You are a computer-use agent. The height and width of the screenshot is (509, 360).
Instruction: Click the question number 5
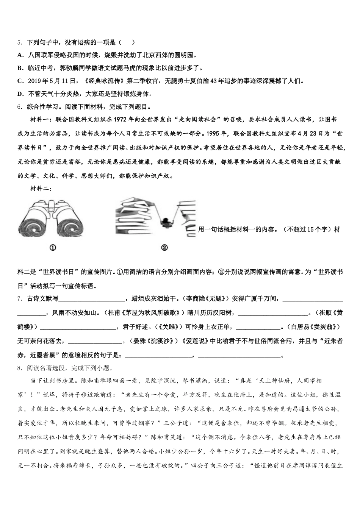tap(19, 42)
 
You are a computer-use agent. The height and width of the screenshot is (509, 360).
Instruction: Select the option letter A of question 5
tap(20, 55)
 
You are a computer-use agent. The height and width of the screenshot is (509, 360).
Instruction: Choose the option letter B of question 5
tap(20, 68)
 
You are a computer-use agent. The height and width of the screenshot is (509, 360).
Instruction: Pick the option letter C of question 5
tap(20, 81)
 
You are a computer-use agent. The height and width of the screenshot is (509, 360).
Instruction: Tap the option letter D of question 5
tap(20, 94)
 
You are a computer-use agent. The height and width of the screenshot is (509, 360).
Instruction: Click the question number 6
tap(19, 107)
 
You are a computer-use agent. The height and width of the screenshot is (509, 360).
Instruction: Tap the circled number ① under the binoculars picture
tap(53, 248)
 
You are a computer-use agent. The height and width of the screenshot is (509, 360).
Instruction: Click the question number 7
tap(19, 299)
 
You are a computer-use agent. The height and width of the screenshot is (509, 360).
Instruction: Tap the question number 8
tap(19, 368)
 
